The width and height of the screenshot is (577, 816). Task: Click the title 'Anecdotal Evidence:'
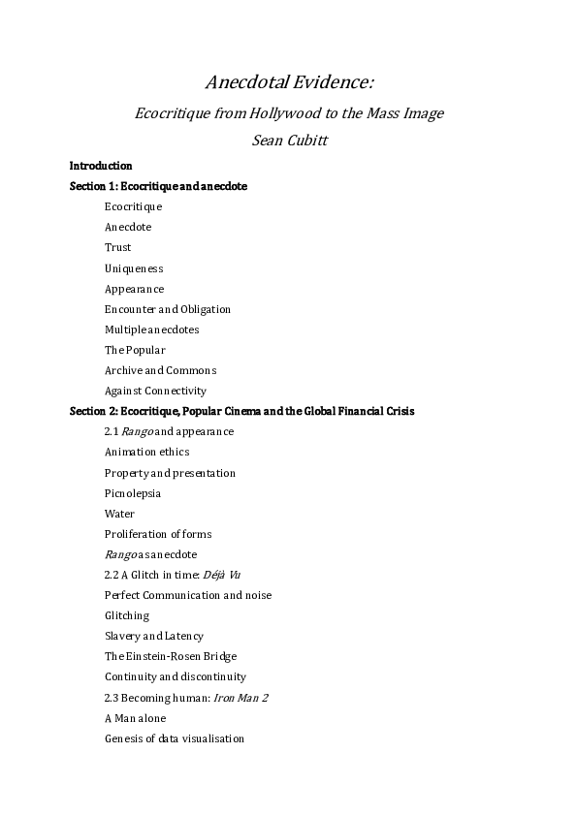tap(288, 80)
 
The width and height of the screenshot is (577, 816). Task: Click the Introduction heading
tap(101, 166)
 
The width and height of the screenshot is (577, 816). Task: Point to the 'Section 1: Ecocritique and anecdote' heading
tap(158, 186)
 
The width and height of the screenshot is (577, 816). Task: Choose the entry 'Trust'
tap(117, 247)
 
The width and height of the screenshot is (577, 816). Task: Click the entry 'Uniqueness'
tap(134, 268)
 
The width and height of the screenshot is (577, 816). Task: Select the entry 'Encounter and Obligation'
tap(168, 309)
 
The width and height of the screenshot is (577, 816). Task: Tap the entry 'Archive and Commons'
tap(160, 370)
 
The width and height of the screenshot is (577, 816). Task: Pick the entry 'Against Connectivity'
tap(155, 391)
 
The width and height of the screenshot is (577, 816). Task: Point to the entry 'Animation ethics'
tap(146, 452)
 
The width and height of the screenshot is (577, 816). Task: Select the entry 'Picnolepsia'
tap(133, 493)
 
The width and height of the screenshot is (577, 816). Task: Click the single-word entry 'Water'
tap(119, 514)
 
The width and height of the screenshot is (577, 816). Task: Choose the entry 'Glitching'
tap(127, 615)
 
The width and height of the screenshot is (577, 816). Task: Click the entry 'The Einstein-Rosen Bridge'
tap(170, 656)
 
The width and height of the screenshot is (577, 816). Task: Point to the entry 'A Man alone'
tap(135, 718)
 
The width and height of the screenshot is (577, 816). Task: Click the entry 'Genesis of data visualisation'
tap(175, 738)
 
